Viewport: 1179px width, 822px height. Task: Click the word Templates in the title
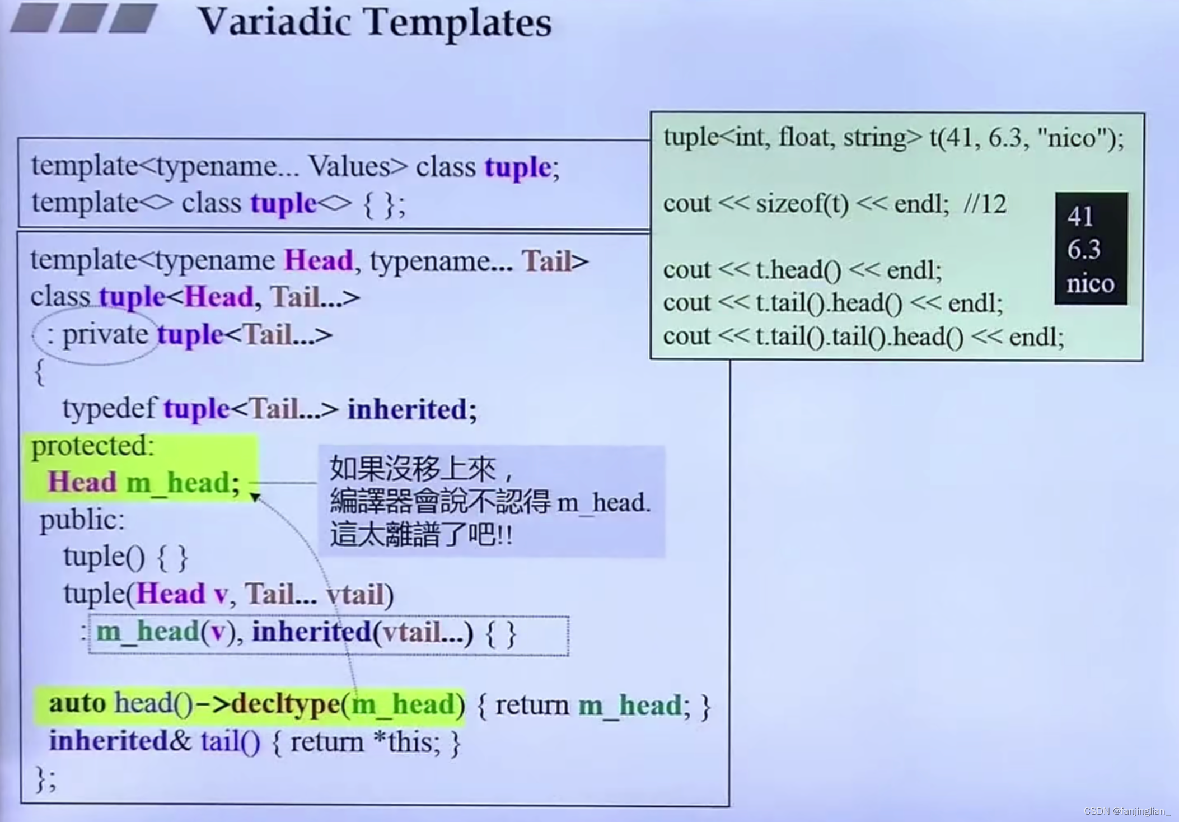pos(458,24)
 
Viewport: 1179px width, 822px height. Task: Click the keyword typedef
pos(109,409)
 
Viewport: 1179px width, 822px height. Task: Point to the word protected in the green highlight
pos(92,446)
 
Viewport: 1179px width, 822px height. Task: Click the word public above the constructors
pos(82,520)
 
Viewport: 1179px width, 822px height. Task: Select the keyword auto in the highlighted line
pos(77,703)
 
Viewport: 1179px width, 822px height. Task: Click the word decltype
pos(286,704)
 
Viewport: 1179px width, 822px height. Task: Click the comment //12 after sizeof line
pos(985,204)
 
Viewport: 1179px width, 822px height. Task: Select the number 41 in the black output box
pos(1080,217)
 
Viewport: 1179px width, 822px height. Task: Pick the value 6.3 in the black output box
pos(1084,250)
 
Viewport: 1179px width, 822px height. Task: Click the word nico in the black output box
pos(1090,283)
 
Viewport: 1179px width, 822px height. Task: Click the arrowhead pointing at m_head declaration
pos(255,497)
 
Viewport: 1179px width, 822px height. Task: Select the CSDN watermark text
pos(1126,811)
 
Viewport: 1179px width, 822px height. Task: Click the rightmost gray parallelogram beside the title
pos(133,18)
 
